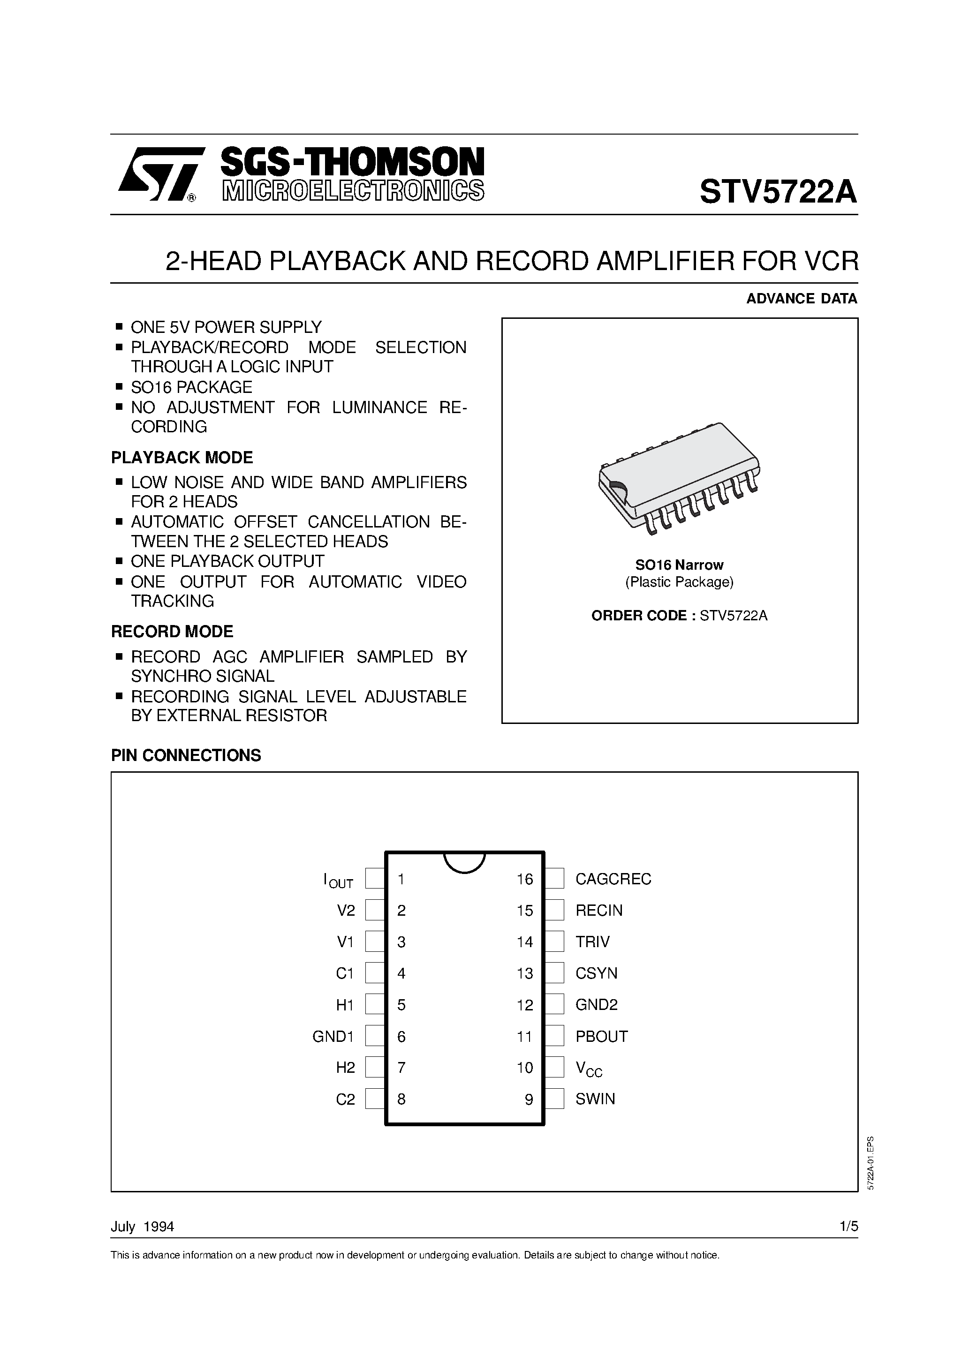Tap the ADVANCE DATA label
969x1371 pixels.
pyautogui.click(x=801, y=299)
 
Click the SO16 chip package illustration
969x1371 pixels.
pyautogui.click(x=679, y=476)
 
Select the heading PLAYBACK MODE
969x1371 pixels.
pyautogui.click(x=182, y=458)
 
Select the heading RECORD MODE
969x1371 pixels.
pyautogui.click(x=172, y=632)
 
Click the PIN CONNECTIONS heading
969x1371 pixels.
pyautogui.click(x=186, y=755)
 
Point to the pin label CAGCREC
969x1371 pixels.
pyautogui.click(x=613, y=879)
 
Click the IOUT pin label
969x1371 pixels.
pyautogui.click(x=338, y=880)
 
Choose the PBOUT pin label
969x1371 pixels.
pyautogui.click(x=601, y=1037)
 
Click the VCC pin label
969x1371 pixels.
pyautogui.click(x=589, y=1069)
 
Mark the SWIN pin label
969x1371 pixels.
pyautogui.click(x=595, y=1100)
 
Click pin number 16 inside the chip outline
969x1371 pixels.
pyautogui.click(x=524, y=879)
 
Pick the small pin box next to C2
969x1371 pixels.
pyautogui.click(x=375, y=1100)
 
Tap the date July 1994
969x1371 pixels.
pyautogui.click(x=142, y=1227)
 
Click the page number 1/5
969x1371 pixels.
pyautogui.click(x=848, y=1227)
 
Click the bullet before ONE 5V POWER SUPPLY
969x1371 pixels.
pyautogui.click(x=119, y=327)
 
